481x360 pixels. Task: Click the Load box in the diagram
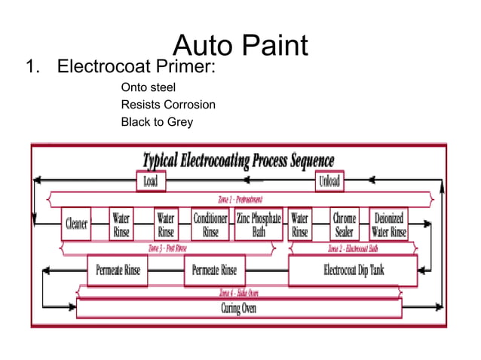[x=151, y=182]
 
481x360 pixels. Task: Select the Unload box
[x=329, y=182]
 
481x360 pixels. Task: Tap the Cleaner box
[x=76, y=224]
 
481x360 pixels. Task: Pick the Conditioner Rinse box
[x=210, y=224]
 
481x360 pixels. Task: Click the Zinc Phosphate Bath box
[x=258, y=224]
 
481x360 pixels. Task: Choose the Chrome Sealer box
[x=345, y=224]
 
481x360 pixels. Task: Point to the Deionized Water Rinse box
[x=388, y=224]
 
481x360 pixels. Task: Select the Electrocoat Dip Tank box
[x=353, y=270]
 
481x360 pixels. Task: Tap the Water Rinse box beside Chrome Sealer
[x=300, y=224]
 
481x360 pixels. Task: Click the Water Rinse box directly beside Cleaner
[x=121, y=224]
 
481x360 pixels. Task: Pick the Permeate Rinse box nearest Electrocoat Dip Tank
[x=214, y=270]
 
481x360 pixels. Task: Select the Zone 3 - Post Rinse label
[x=167, y=247]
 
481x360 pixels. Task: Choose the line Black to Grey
[x=157, y=121]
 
